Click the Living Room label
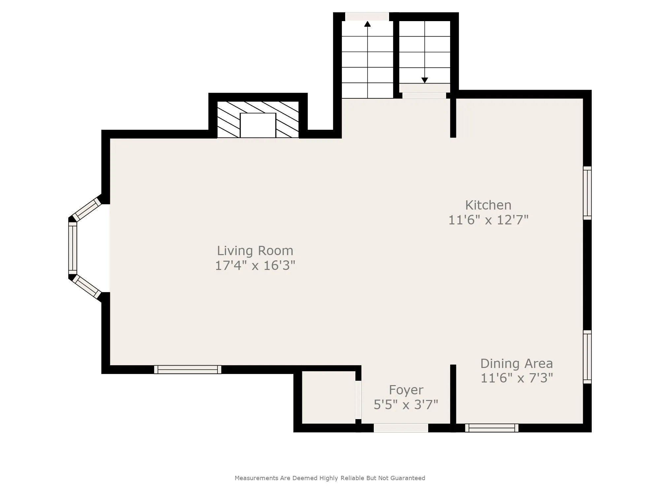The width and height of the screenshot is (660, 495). point(255,251)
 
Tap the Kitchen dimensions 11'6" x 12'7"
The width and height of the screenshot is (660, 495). point(488,220)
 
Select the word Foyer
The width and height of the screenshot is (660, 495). point(406,390)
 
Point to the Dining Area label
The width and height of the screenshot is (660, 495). point(516,363)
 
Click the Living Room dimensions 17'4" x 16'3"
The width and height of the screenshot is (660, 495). point(255,265)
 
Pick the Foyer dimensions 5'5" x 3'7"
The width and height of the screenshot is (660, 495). point(406,404)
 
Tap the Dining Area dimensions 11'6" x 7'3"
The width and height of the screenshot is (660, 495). point(516,378)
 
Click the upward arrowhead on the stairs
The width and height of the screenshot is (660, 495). point(367,23)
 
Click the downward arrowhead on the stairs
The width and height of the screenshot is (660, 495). point(425,80)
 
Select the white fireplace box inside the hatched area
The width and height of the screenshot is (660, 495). point(258,125)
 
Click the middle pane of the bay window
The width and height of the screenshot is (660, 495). point(73,248)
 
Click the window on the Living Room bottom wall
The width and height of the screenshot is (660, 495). point(188,370)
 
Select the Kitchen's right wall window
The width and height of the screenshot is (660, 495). point(587,193)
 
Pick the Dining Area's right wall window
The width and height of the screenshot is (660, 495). point(587,357)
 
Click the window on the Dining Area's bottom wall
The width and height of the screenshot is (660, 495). point(492,428)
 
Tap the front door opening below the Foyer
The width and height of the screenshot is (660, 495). point(401,428)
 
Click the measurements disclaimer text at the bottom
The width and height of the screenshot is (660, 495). point(330,478)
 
